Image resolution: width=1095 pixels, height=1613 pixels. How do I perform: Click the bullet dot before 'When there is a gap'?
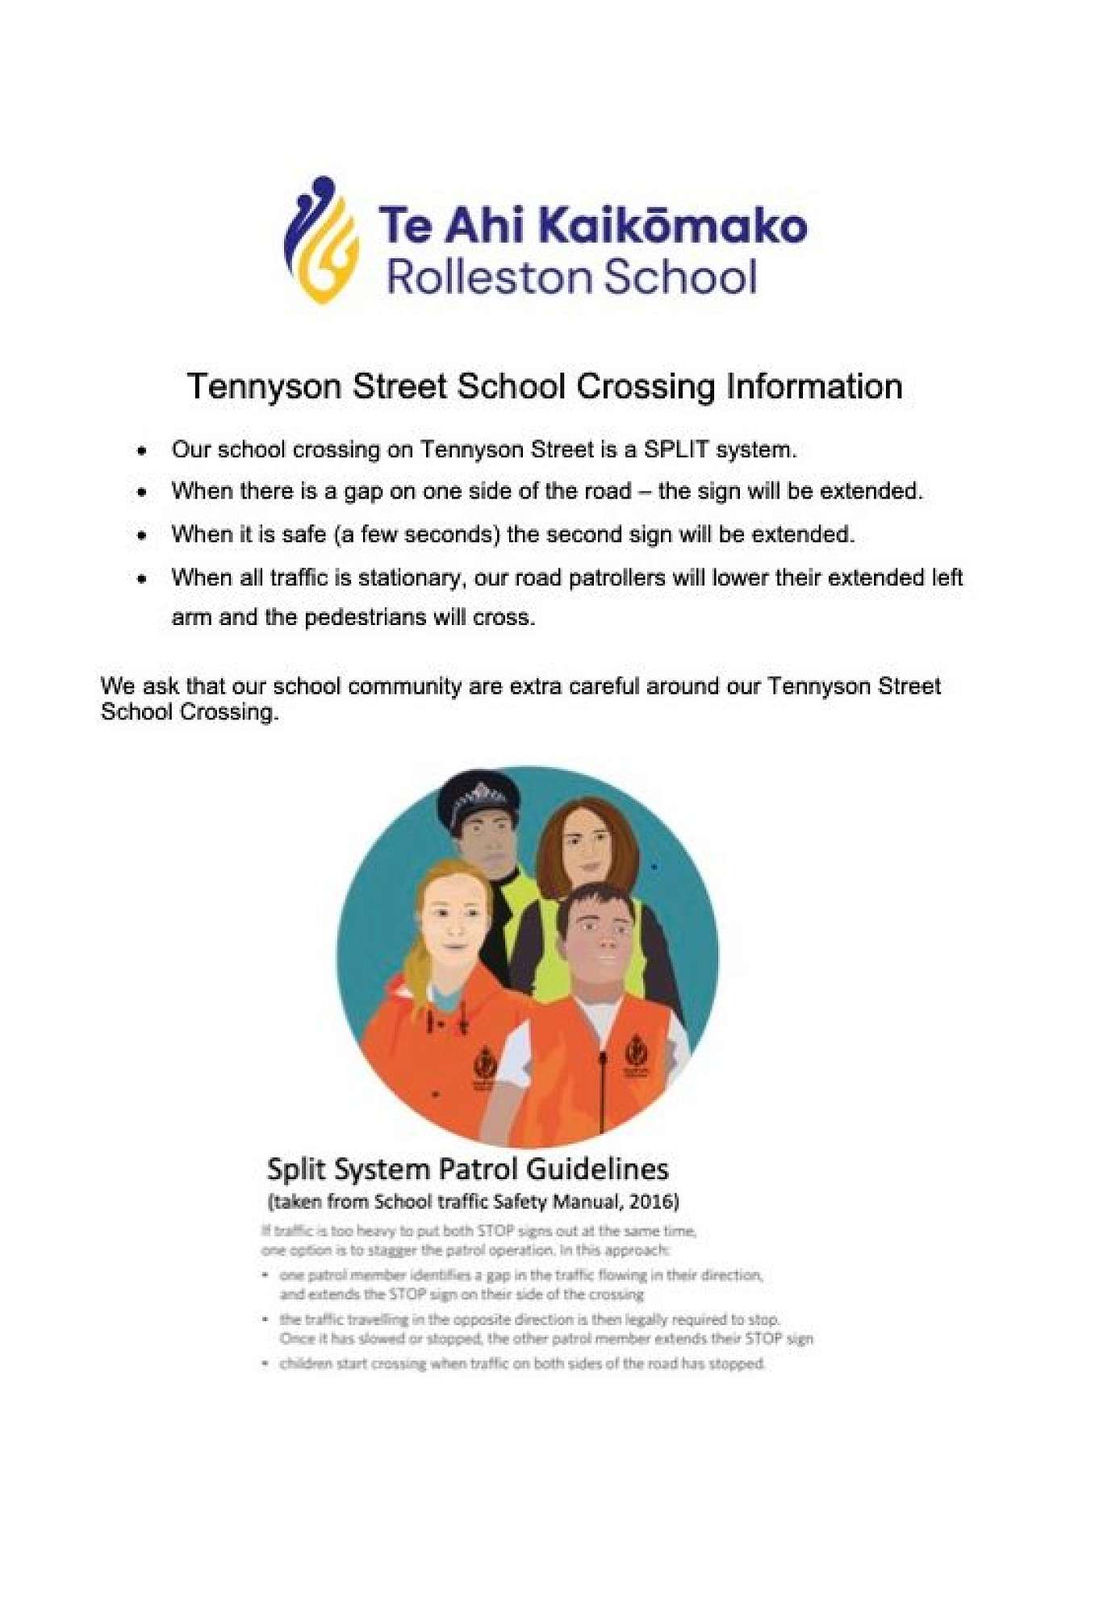(x=143, y=492)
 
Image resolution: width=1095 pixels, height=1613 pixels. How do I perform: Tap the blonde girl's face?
(x=452, y=922)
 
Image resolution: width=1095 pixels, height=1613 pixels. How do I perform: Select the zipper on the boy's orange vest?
(x=603, y=1081)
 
